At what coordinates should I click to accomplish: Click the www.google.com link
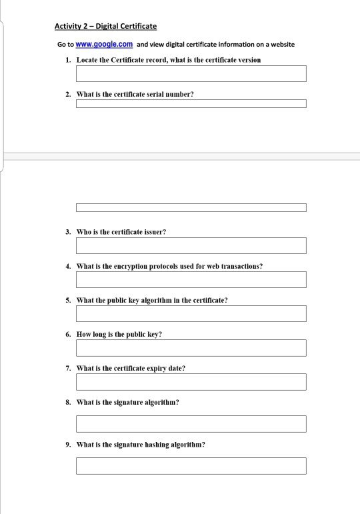point(105,45)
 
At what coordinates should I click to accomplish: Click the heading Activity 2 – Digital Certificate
point(105,27)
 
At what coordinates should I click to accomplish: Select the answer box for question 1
point(191,73)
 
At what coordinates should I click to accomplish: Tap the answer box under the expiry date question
point(191,382)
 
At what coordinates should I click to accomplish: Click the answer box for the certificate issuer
point(191,245)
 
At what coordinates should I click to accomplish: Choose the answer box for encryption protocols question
point(191,279)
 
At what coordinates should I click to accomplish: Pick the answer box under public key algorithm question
point(191,313)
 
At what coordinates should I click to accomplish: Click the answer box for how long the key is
point(191,348)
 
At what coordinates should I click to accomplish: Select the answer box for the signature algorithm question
point(191,423)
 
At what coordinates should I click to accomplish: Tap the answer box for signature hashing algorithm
point(191,465)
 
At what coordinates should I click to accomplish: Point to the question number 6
point(68,334)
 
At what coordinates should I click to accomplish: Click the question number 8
point(68,402)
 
